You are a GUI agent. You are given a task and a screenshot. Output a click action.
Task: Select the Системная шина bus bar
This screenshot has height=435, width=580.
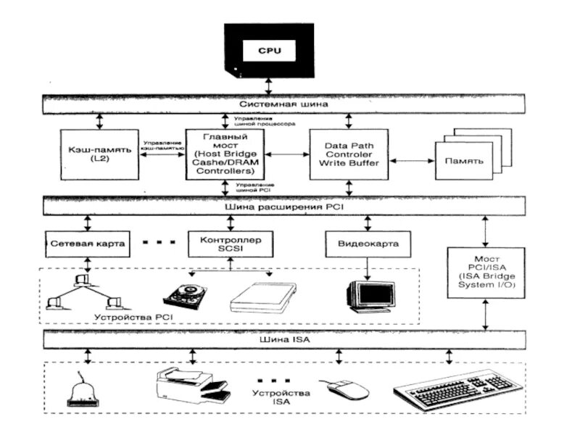point(283,104)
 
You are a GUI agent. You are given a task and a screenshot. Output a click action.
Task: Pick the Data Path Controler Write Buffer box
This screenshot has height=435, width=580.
point(349,154)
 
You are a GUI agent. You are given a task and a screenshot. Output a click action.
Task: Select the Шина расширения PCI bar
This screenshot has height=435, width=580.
point(283,206)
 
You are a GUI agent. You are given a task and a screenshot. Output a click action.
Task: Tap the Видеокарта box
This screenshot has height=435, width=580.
point(368,244)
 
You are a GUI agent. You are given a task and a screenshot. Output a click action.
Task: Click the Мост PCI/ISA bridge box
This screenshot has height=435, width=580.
point(484,273)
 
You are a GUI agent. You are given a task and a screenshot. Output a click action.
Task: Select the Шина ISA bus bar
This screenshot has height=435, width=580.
point(283,339)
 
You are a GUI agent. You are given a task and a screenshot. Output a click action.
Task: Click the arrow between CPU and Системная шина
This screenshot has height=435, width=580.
point(270,86)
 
